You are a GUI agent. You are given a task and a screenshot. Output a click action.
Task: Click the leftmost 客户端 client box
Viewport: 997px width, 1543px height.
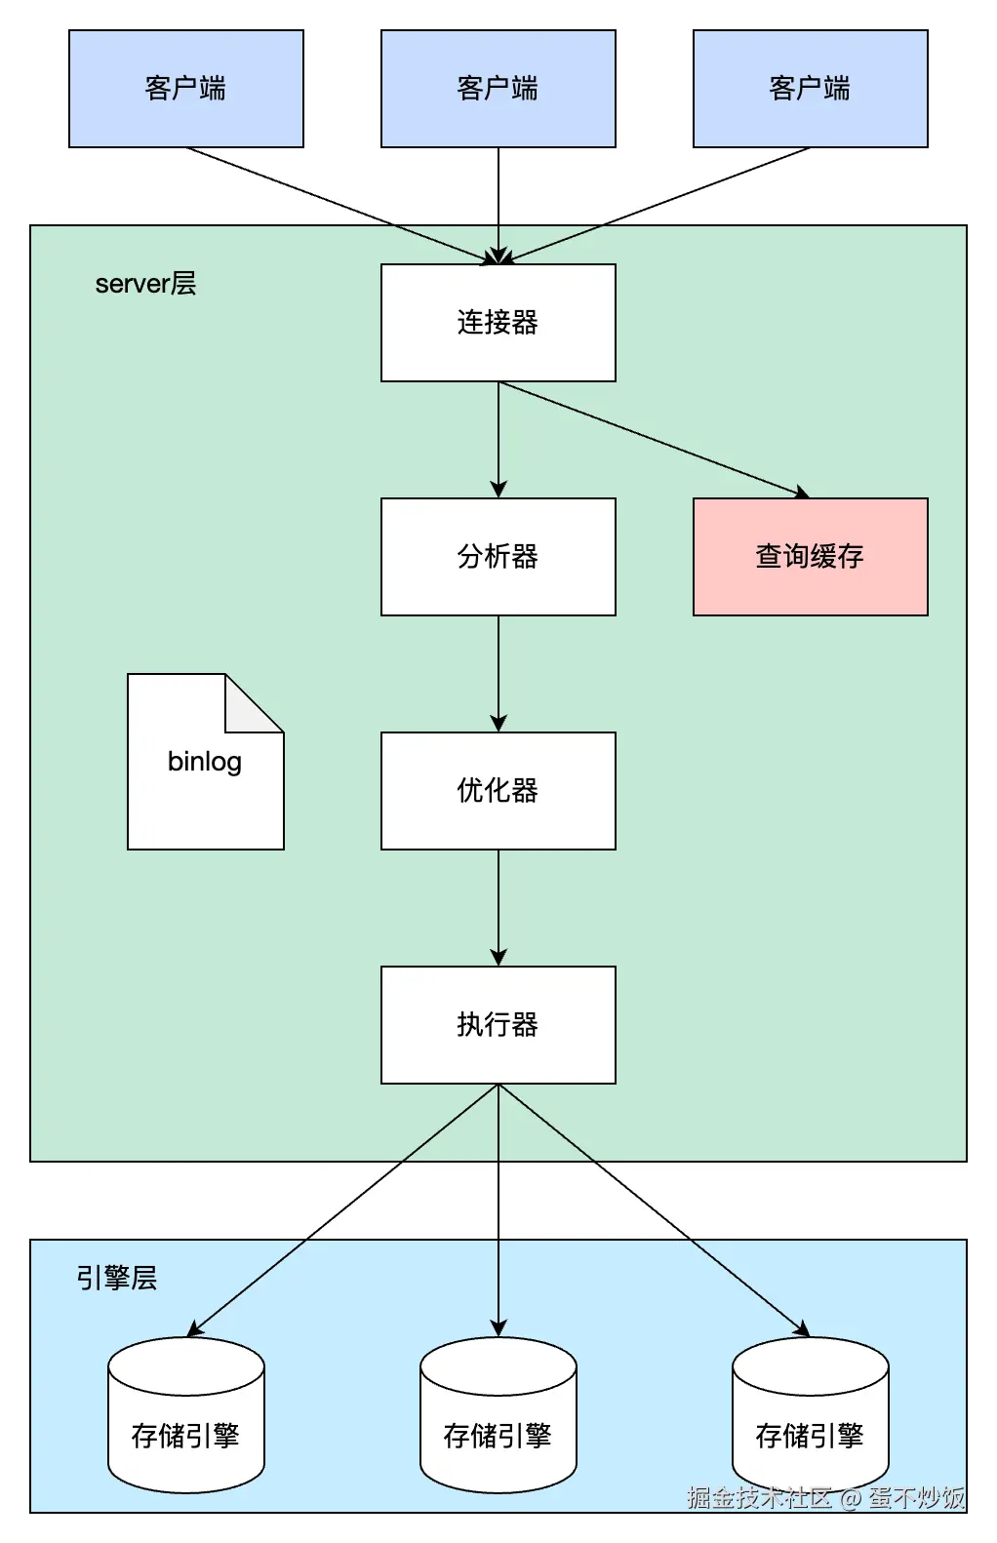point(185,89)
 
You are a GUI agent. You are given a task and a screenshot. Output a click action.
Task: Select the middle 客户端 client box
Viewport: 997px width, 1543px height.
point(498,89)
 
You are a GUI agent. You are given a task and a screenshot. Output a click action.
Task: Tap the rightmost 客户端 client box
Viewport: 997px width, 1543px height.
point(810,89)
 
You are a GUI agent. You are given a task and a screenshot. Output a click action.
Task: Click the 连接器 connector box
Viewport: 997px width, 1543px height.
point(498,323)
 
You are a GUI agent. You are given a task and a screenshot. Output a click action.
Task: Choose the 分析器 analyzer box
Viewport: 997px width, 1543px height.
point(498,557)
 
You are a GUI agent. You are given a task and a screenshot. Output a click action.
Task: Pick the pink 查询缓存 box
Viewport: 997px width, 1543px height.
point(810,557)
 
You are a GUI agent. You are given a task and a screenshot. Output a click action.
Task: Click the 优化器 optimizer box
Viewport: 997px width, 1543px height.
point(498,791)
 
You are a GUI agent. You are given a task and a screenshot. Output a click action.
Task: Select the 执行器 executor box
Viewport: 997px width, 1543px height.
point(498,1025)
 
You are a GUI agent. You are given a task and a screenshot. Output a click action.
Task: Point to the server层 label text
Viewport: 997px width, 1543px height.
point(145,284)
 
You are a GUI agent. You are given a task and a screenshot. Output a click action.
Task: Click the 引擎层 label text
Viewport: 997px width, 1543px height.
point(117,1278)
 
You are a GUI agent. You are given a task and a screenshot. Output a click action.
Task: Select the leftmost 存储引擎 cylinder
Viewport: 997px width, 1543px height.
point(185,1424)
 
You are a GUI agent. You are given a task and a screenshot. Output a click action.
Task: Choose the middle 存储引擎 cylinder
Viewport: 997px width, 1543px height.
point(498,1424)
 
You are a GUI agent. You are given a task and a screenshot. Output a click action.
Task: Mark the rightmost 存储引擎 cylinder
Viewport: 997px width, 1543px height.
point(810,1424)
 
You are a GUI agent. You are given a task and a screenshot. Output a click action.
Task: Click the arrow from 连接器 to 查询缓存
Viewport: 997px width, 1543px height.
point(654,440)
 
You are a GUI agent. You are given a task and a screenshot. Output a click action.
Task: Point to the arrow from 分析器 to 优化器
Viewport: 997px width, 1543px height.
point(498,673)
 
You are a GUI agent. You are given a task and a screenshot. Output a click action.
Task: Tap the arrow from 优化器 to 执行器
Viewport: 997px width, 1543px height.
point(498,907)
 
